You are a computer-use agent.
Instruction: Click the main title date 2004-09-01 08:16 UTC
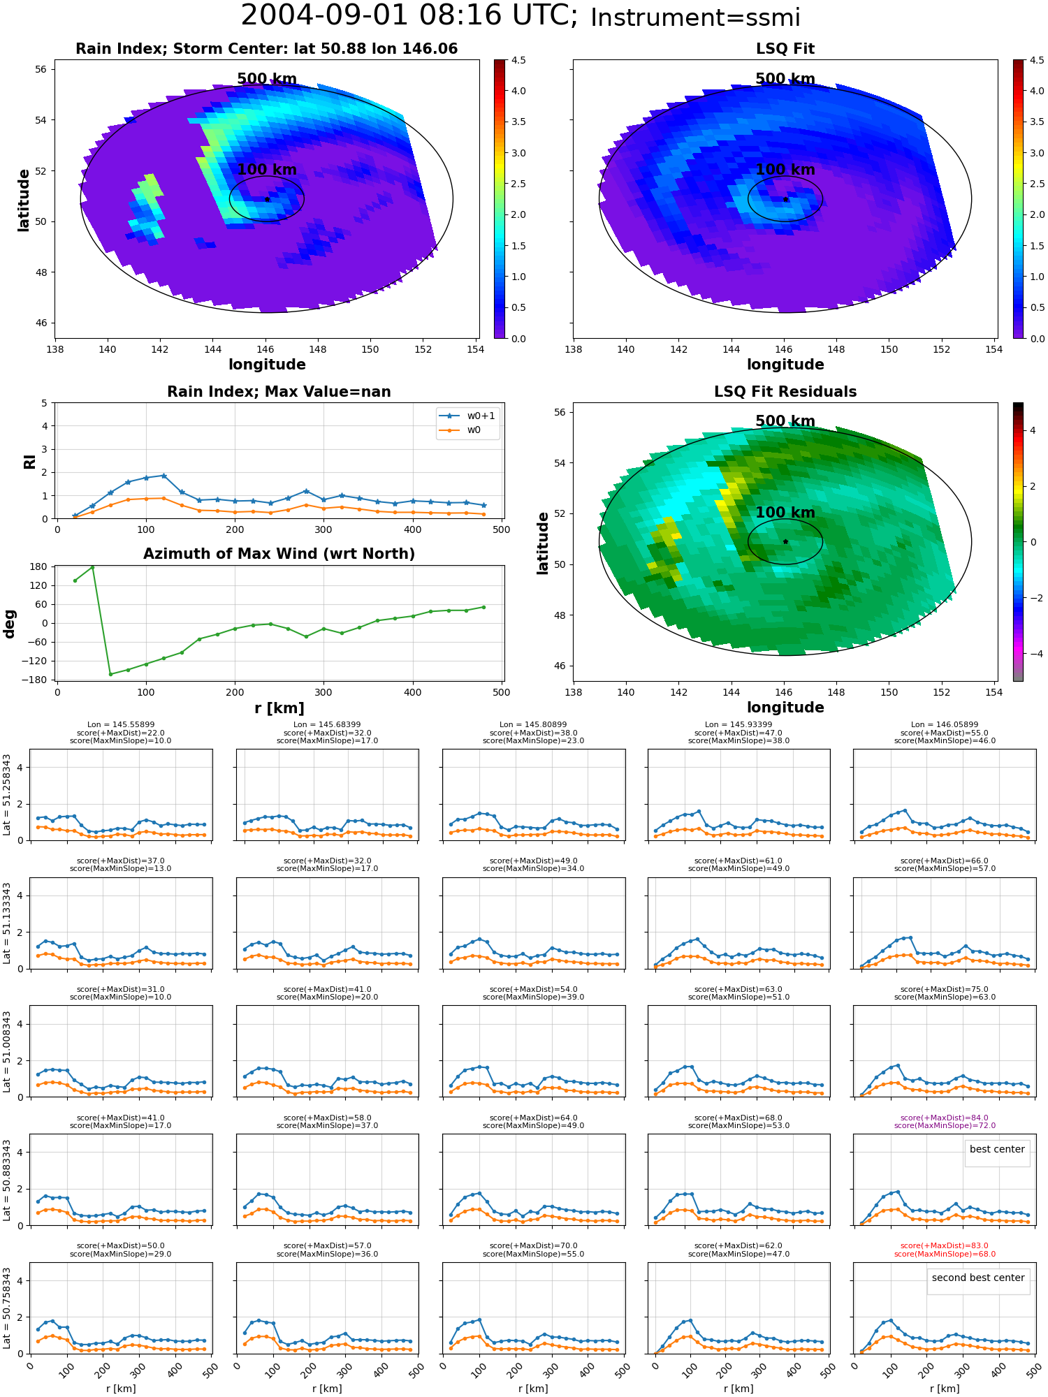click(x=409, y=15)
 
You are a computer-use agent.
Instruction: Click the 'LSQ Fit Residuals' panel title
click(x=785, y=392)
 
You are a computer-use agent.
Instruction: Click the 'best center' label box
click(x=997, y=1149)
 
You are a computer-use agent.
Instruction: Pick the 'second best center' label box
click(x=978, y=1278)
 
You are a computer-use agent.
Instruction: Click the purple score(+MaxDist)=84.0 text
click(x=945, y=1118)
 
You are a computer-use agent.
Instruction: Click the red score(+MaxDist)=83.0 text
click(x=945, y=1245)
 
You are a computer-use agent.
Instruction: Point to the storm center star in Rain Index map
click(x=267, y=199)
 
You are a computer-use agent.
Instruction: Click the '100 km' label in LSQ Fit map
click(x=785, y=170)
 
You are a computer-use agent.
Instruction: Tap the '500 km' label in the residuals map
click(x=785, y=421)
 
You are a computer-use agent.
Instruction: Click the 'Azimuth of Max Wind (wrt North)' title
click(x=279, y=554)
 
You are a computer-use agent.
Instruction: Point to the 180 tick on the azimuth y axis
click(x=38, y=566)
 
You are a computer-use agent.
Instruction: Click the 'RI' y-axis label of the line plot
click(x=29, y=461)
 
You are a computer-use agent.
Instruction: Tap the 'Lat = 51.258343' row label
click(x=7, y=795)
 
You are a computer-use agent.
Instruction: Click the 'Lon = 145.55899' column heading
click(x=121, y=725)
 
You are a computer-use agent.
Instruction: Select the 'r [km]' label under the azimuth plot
click(x=279, y=708)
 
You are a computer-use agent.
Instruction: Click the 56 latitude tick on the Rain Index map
click(x=41, y=69)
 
